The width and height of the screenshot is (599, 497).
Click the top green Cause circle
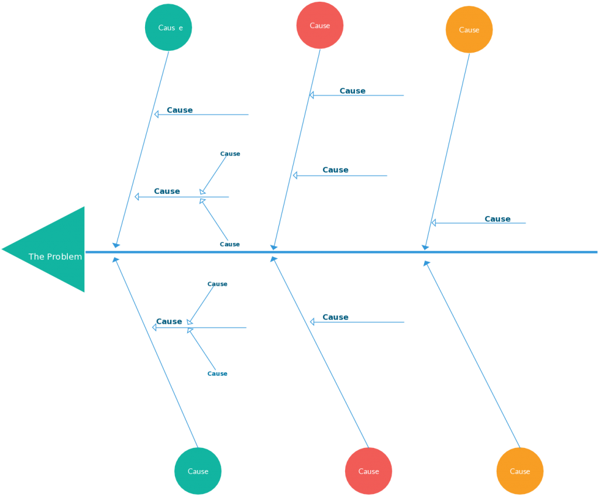[168, 27]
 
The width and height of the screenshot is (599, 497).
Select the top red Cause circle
[320, 25]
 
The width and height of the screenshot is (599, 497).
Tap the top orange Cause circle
[469, 29]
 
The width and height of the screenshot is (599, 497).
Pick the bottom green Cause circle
[198, 471]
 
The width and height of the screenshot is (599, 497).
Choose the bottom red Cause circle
[369, 471]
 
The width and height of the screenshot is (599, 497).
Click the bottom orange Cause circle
[519, 471]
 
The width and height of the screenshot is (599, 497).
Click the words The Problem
[55, 256]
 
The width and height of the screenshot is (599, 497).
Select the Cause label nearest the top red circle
[353, 91]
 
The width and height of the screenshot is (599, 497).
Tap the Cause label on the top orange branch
[498, 219]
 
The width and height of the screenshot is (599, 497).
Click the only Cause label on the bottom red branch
[336, 317]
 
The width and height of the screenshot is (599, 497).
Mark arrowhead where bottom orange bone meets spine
[426, 263]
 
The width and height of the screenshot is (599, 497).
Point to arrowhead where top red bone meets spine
[273, 247]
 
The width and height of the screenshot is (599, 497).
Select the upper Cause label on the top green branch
[180, 110]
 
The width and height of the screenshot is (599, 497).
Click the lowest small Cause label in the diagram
[218, 373]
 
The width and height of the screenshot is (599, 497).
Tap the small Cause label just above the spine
[230, 244]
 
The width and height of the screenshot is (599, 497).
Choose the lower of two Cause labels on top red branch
[336, 170]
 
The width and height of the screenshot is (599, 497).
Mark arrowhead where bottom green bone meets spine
[116, 259]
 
